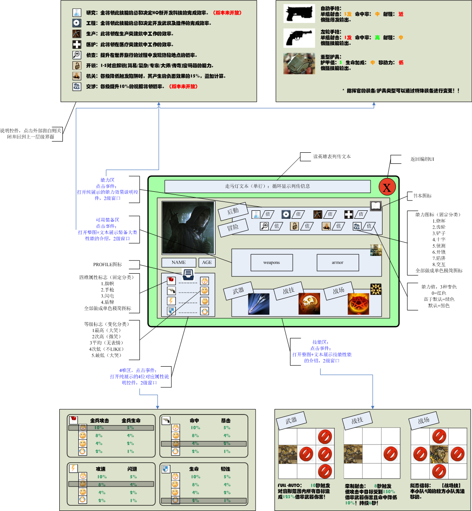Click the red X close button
(387, 187)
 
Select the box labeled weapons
(271, 263)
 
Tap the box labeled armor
(337, 263)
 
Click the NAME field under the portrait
(178, 263)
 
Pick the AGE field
(207, 263)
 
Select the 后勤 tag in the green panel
(233, 211)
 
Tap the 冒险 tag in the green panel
(233, 228)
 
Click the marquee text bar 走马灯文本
(267, 186)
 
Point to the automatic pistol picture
(299, 14)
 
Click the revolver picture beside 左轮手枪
(299, 38)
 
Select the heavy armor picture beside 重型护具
(299, 63)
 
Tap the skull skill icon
(309, 304)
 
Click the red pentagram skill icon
(358, 304)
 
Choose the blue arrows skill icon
(259, 304)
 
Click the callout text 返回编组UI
(422, 159)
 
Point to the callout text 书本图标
(422, 196)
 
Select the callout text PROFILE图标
(108, 264)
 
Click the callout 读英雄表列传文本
(332, 156)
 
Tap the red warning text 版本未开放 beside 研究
(228, 13)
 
